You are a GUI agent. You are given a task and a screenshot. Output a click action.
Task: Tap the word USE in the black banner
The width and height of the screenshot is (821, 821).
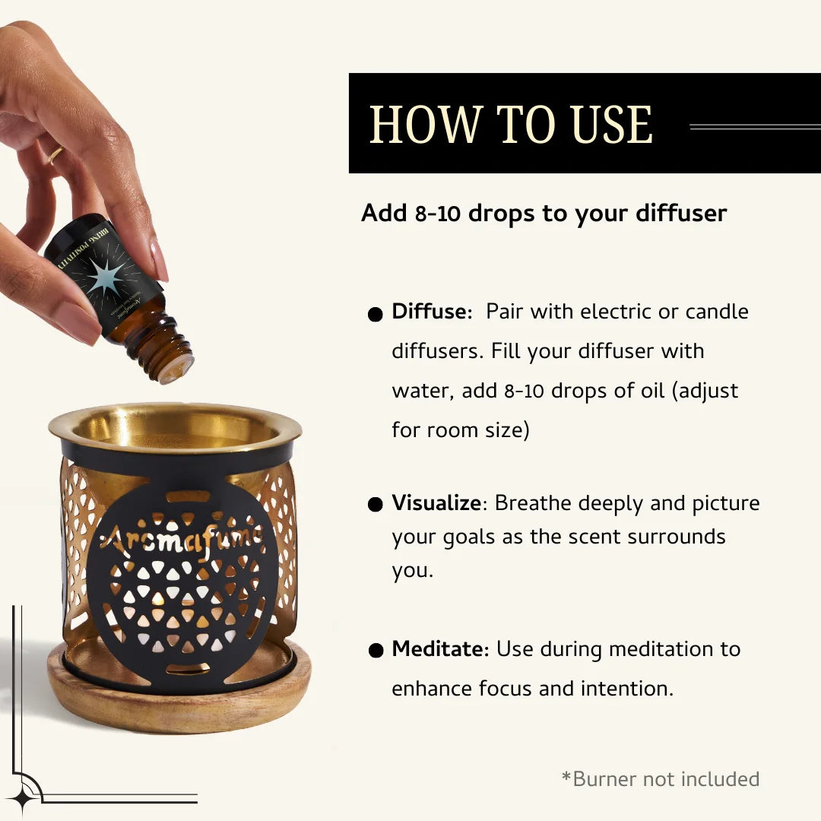pos(612,125)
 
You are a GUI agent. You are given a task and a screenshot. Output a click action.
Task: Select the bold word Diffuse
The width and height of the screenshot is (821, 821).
pos(429,312)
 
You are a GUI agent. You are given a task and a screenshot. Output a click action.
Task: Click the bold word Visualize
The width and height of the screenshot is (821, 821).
pos(436,503)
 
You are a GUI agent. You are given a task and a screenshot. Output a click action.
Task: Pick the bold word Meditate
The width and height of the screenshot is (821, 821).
pos(438,649)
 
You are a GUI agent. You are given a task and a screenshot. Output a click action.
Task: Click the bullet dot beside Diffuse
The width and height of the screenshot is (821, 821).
pos(375,315)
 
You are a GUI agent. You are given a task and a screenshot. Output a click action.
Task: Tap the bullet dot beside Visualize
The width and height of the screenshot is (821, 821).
pos(375,506)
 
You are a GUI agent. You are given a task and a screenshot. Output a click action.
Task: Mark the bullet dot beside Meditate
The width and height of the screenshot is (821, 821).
pos(375,651)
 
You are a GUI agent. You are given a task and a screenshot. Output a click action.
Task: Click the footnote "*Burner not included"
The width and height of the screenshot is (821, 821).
pos(660,779)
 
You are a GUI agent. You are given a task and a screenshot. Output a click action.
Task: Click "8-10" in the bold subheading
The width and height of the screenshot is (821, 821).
pos(438,214)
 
